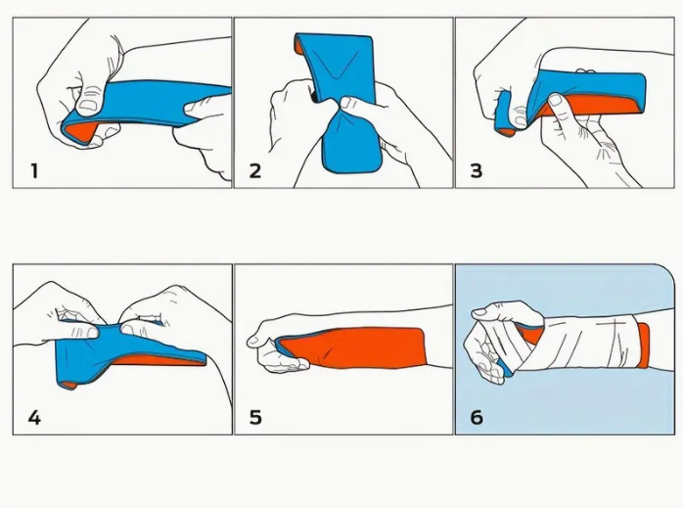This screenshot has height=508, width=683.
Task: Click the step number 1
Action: (34, 170)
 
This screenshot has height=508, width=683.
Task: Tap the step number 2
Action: (255, 170)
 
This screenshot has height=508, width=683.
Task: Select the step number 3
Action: (477, 170)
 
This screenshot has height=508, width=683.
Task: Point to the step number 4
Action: (34, 417)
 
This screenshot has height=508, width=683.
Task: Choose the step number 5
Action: (255, 417)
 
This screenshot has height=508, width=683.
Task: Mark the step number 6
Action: (477, 417)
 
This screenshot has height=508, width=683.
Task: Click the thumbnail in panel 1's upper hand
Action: (89, 105)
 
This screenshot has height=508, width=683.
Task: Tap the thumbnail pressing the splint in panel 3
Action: (555, 100)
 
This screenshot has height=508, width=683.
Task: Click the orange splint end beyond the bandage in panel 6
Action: (643, 346)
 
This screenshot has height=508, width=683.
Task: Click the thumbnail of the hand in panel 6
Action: (479, 312)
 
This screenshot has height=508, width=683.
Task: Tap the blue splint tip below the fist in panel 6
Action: (505, 369)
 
